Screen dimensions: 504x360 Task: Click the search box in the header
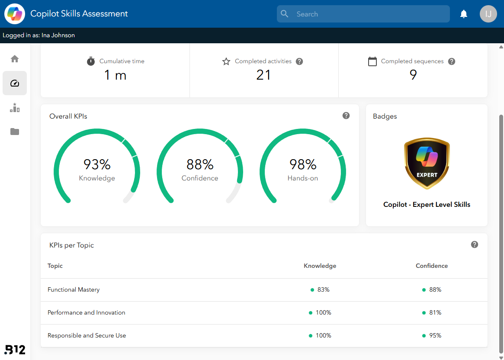click(x=363, y=14)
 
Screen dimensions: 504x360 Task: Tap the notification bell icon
click(x=463, y=14)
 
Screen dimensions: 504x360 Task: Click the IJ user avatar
click(x=488, y=14)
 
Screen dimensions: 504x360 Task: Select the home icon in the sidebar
click(x=15, y=59)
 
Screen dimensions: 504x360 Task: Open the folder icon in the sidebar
click(x=15, y=132)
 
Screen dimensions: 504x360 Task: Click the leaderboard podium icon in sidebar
click(x=15, y=108)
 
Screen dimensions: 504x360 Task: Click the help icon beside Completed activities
click(x=299, y=61)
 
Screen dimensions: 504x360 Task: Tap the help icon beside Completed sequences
click(x=452, y=61)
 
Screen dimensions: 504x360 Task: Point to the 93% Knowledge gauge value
click(x=97, y=164)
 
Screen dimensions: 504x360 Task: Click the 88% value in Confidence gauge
click(x=200, y=164)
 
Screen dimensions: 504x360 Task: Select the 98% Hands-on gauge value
click(x=303, y=164)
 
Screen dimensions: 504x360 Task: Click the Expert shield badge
click(x=427, y=163)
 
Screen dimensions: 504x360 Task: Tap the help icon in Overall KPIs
click(x=346, y=116)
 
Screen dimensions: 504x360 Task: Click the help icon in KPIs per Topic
click(x=475, y=244)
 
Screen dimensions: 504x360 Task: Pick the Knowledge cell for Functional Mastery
click(x=320, y=289)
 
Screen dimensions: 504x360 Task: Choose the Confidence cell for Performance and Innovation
click(x=432, y=312)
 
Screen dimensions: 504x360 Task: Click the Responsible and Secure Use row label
click(x=87, y=335)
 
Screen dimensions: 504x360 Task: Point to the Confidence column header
click(x=432, y=266)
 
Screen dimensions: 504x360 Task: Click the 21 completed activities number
click(x=263, y=75)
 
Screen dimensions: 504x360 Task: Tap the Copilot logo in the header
click(x=14, y=14)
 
